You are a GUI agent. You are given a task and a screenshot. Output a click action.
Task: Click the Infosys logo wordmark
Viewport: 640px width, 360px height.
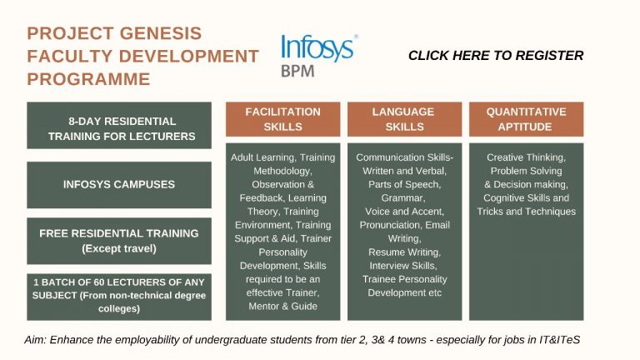coord(318,48)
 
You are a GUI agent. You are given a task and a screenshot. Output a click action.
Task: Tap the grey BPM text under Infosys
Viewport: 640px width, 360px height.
coord(297,71)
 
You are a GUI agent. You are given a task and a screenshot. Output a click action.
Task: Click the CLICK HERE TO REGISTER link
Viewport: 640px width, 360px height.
coord(496,56)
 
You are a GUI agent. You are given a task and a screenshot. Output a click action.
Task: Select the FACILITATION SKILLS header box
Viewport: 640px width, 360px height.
coord(282,119)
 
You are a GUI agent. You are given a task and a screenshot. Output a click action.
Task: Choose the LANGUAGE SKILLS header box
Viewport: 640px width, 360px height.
coord(404,119)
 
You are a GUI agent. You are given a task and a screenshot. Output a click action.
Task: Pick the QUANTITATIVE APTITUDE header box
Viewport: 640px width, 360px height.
coord(526,119)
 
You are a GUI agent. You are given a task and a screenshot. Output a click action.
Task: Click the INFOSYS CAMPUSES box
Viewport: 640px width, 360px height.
coord(119,185)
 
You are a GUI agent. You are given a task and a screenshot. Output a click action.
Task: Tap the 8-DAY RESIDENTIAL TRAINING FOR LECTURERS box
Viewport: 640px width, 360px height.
coord(119,125)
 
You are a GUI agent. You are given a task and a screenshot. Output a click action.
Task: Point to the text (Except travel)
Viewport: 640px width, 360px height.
coord(119,248)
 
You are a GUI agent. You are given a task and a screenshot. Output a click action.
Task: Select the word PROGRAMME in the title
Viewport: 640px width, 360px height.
coord(88,79)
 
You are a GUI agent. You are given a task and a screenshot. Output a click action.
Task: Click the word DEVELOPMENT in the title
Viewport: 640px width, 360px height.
coord(189,57)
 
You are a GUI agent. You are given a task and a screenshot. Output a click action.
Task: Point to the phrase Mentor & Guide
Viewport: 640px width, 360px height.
coord(282,306)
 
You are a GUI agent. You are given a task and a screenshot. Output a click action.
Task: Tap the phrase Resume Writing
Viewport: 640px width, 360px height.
coord(404,252)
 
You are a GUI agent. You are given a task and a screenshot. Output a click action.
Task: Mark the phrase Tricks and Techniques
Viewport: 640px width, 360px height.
coord(526,212)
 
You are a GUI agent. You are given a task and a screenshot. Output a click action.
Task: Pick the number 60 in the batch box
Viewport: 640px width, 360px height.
coord(99,282)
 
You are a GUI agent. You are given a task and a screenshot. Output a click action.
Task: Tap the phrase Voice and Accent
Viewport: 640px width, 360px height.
coord(404,212)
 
